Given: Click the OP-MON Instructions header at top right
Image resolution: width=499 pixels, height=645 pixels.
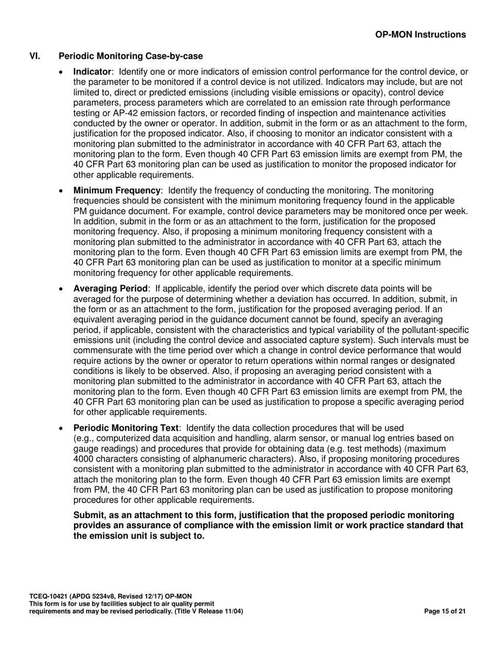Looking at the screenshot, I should [420, 35].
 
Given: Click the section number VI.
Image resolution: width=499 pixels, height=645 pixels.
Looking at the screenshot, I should [35, 56].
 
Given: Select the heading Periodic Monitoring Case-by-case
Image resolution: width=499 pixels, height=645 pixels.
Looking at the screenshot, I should [131, 56].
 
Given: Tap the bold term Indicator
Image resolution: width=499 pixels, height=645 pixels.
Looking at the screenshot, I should [92, 72].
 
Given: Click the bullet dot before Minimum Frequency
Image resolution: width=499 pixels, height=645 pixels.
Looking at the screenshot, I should [63, 191].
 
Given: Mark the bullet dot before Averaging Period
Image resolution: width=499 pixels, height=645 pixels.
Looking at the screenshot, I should [63, 289].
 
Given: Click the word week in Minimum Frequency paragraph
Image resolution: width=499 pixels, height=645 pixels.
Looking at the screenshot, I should [455, 211].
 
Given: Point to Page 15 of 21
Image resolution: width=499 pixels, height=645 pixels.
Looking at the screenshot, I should [444, 611].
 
